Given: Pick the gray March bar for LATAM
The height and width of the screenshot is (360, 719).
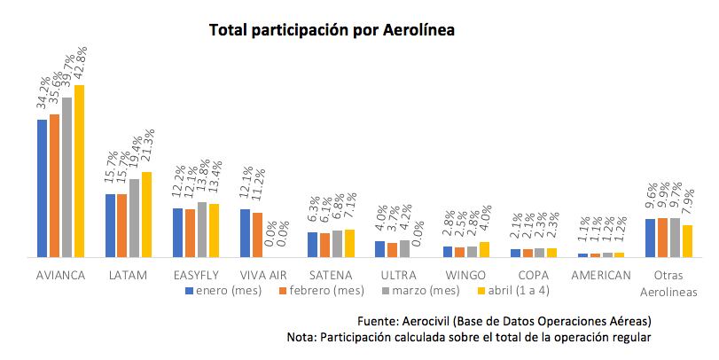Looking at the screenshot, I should [x=134, y=217].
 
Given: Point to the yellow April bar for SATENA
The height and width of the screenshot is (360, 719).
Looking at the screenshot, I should [x=349, y=243].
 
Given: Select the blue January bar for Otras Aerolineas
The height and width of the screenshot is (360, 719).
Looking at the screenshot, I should [x=650, y=238].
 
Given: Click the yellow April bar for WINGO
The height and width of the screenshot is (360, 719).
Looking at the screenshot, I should [x=484, y=249].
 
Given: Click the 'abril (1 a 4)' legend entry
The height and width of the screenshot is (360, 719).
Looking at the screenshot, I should [x=517, y=290].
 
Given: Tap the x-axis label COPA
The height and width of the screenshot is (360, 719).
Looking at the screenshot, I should [x=534, y=275].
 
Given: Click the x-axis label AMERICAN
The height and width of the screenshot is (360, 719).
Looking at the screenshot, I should [x=601, y=275].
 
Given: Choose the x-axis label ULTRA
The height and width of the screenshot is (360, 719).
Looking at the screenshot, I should [x=398, y=275].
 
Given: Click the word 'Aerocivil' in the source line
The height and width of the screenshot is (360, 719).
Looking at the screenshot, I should [x=431, y=320].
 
